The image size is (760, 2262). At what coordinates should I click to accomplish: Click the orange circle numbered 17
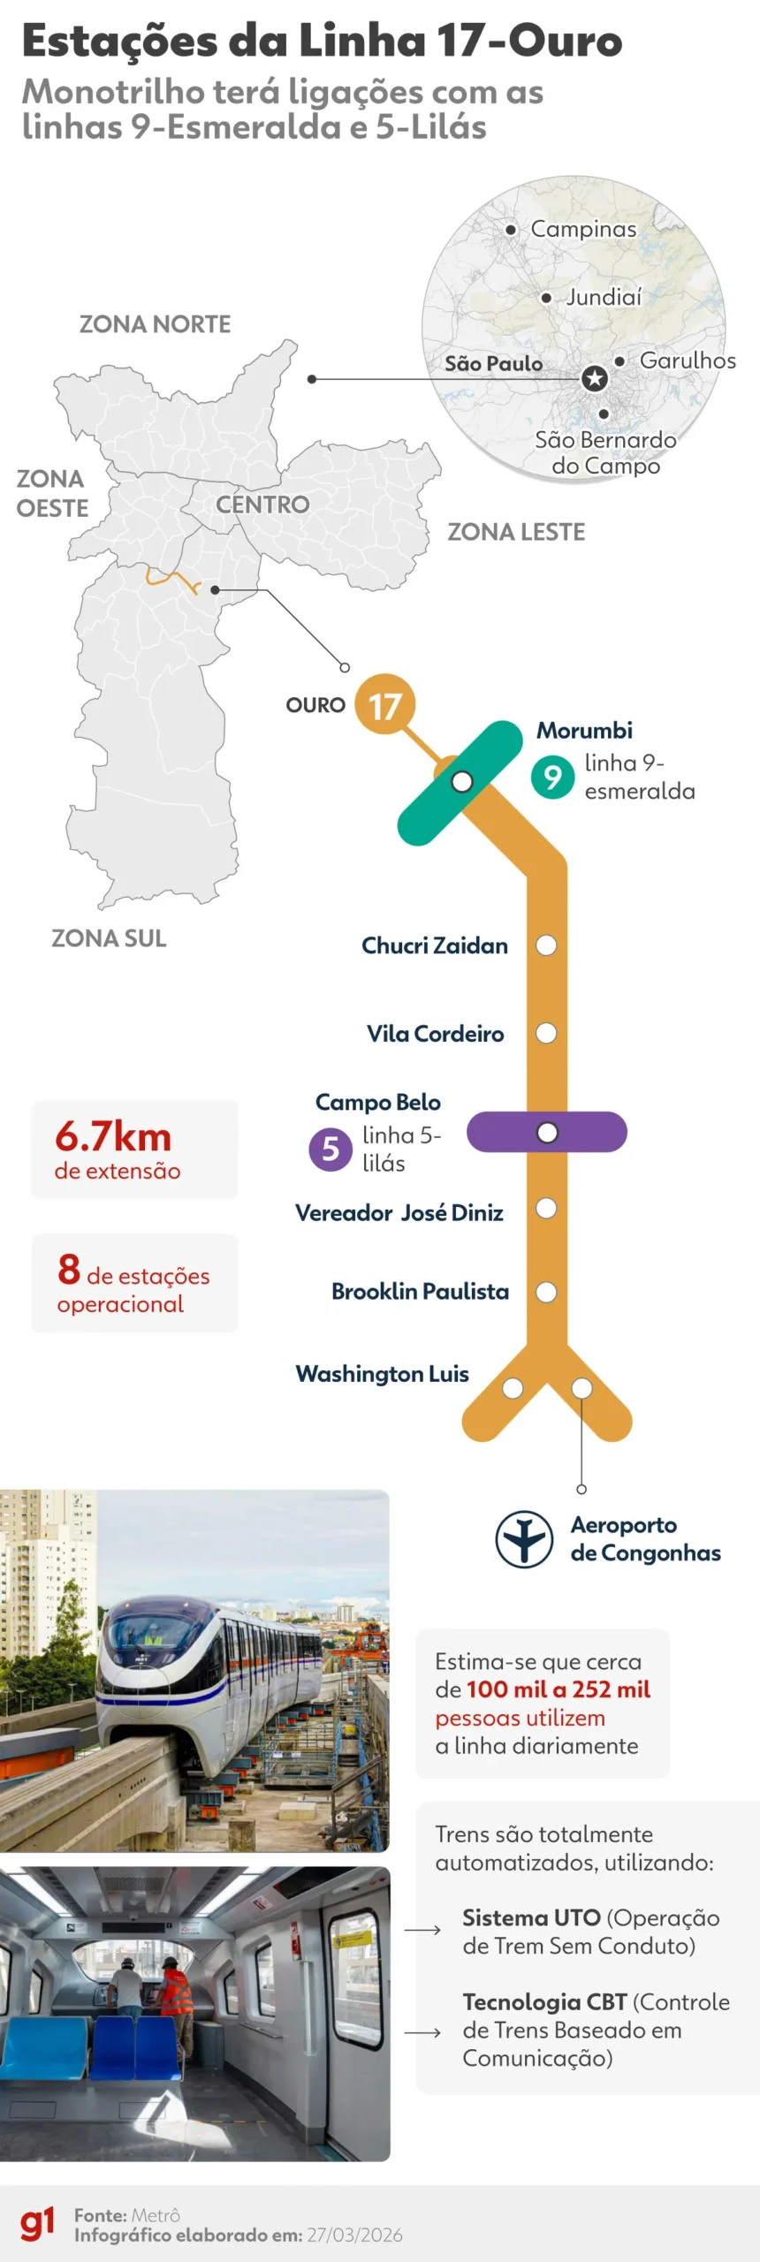pyautogui.click(x=384, y=704)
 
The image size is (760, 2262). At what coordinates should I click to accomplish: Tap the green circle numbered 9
pyautogui.click(x=552, y=777)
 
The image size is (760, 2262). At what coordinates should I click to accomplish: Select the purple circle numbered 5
pyautogui.click(x=330, y=1149)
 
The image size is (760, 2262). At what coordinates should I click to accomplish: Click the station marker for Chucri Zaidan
pyautogui.click(x=546, y=945)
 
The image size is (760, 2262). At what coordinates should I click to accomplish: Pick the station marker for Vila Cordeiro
pyautogui.click(x=546, y=1033)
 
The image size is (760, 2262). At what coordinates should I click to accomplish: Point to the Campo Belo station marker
pyautogui.click(x=547, y=1132)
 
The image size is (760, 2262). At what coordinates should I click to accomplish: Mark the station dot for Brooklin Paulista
pyautogui.click(x=546, y=1292)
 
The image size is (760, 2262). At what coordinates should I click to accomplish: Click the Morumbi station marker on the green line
pyautogui.click(x=461, y=781)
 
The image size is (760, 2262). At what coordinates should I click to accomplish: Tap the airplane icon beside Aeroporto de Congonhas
pyautogui.click(x=524, y=1538)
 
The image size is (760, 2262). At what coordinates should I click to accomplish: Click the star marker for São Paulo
pyautogui.click(x=595, y=378)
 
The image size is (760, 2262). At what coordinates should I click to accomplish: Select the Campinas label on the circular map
pyautogui.click(x=583, y=229)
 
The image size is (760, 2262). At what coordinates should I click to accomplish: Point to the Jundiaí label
pyautogui.click(x=604, y=297)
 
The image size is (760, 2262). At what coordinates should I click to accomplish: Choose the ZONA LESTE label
pyautogui.click(x=516, y=532)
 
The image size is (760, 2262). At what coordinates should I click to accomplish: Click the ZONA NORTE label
pyautogui.click(x=155, y=324)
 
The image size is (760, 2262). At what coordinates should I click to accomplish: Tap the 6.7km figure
pyautogui.click(x=113, y=1136)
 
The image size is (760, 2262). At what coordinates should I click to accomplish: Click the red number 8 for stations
pyautogui.click(x=69, y=1270)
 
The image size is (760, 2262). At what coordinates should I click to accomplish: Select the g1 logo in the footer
pyautogui.click(x=37, y=2224)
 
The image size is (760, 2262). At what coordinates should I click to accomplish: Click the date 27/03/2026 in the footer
pyautogui.click(x=354, y=2235)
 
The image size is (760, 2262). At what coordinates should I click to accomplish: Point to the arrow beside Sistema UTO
pyautogui.click(x=422, y=1930)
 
